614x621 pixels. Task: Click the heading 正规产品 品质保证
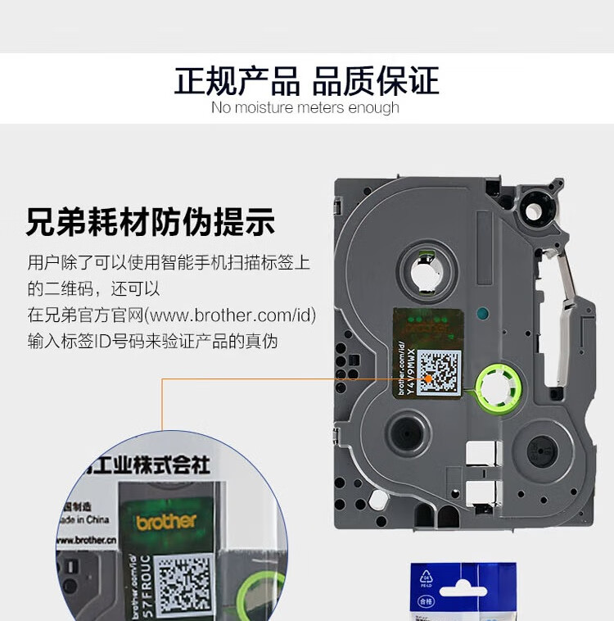tap(306, 81)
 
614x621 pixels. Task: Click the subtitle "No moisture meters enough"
tap(305, 108)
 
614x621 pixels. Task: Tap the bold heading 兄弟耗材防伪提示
tap(151, 222)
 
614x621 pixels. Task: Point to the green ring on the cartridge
tap(494, 388)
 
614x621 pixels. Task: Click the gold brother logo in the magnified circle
tap(166, 521)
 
